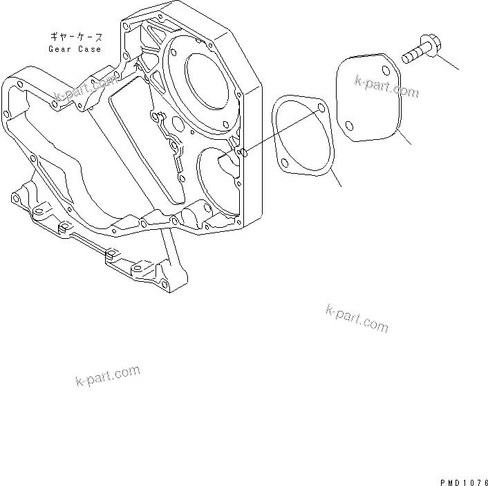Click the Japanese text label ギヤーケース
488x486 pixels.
(75, 36)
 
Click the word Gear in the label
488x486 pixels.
(59, 49)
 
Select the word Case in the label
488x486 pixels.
(90, 49)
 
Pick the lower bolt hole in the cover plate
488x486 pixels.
(350, 127)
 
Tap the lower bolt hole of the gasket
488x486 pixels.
(285, 163)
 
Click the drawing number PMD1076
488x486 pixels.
(462, 478)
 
